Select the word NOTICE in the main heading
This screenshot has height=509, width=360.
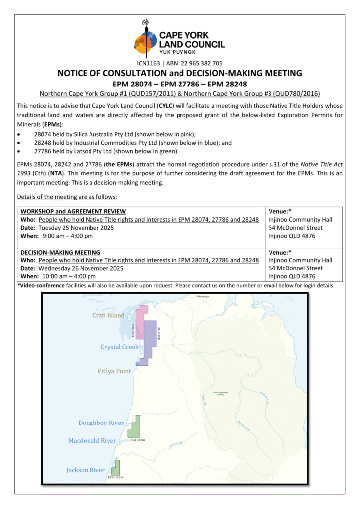click(x=75, y=73)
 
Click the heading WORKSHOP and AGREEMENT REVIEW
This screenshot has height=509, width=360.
click(x=73, y=211)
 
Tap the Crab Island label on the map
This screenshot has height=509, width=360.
click(x=108, y=315)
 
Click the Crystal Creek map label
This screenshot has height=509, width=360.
click(x=119, y=347)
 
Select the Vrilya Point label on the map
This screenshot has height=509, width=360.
click(x=114, y=371)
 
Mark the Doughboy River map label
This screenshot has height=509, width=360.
click(x=101, y=423)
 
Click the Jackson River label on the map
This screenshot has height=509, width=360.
click(x=86, y=470)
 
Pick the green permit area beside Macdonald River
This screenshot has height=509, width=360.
click(x=135, y=425)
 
